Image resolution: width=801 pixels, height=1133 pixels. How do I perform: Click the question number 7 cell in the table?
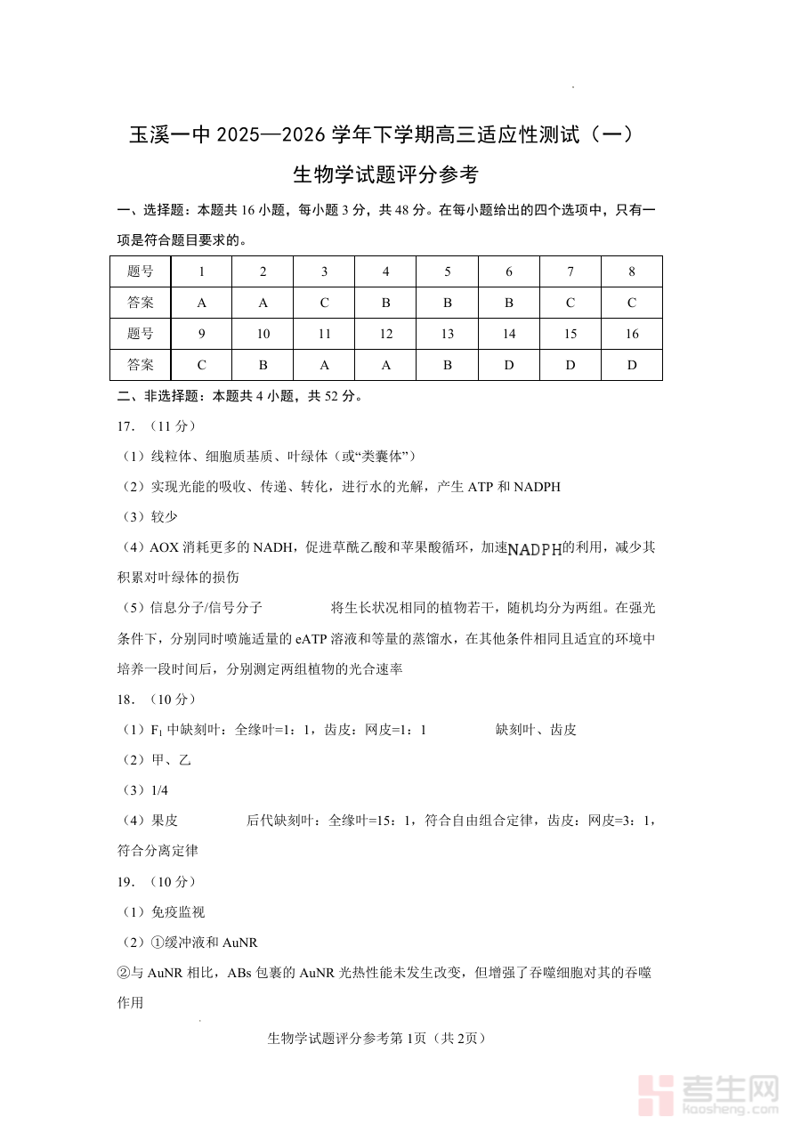(570, 271)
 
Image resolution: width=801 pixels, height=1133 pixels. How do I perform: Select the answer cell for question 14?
(509, 365)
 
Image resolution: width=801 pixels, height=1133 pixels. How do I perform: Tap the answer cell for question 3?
(324, 303)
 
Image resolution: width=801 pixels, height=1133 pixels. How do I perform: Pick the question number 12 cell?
(385, 334)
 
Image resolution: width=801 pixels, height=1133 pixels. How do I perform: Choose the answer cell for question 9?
(202, 365)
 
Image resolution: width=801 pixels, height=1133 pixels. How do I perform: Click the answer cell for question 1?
(202, 303)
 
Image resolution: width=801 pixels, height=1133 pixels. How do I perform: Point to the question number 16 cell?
(632, 334)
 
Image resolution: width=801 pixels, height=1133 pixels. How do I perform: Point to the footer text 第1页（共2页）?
(441, 1038)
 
